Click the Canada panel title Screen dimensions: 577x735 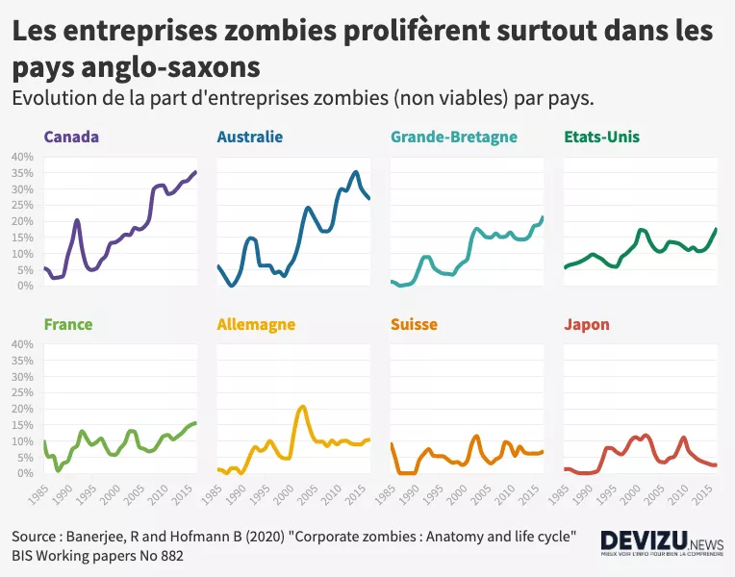coord(71,137)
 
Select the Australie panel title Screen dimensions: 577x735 coord(250,137)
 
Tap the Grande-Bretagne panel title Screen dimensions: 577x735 coord(454,137)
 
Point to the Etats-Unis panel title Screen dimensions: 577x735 coord(601,137)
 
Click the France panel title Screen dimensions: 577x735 coord(68,324)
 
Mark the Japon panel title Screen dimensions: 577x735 coord(587,324)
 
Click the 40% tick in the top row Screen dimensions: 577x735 coord(21,156)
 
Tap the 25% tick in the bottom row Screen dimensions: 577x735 coord(21,392)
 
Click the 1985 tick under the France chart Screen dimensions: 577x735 coord(38,491)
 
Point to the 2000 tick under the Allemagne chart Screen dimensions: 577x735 coord(285,491)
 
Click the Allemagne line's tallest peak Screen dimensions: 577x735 coord(303,407)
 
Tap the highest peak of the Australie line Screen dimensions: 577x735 coord(356,172)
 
